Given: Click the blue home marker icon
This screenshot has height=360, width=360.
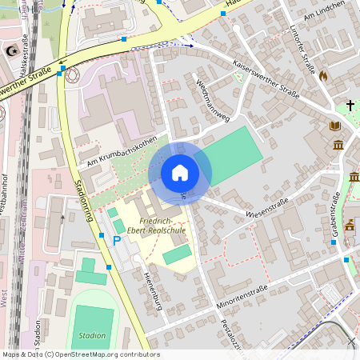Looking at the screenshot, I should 180,172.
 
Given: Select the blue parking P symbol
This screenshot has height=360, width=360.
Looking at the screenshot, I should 117,240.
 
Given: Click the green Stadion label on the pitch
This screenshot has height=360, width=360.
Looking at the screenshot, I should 93,335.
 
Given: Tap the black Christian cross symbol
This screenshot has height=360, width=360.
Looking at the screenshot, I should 350,105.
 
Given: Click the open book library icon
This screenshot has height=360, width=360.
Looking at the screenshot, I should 334,126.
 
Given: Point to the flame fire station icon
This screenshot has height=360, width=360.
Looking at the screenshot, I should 323,75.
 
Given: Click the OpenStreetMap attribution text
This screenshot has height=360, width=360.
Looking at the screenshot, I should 80,354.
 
